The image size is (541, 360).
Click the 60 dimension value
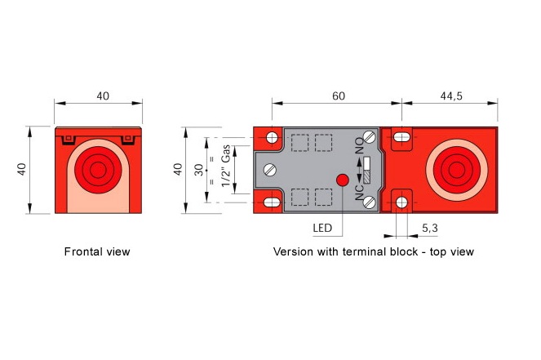pos(339,96)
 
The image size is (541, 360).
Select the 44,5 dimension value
pos(451,96)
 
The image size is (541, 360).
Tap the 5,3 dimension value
pos(430,228)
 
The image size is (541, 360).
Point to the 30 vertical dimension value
pos(199,170)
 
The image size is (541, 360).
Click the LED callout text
pos(322,228)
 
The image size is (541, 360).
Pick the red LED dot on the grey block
pos(343,180)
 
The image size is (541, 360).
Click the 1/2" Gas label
pos(225,166)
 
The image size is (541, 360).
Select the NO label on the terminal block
pos(360,145)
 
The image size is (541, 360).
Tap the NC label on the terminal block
pos(360,193)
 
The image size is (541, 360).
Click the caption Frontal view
pos(97,251)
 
